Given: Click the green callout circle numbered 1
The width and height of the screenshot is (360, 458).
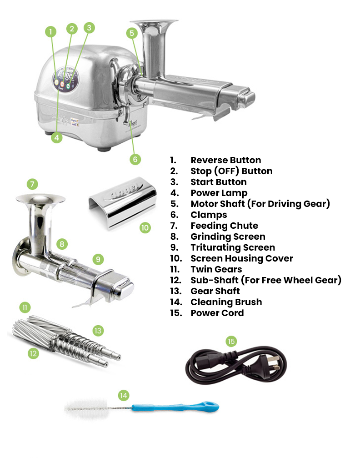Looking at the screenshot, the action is (x=50, y=31).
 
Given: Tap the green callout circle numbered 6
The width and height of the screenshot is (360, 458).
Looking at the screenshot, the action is (x=135, y=160).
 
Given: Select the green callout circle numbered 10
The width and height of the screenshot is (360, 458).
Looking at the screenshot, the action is (x=145, y=227).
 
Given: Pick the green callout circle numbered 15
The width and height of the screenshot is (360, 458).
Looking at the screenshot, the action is (x=231, y=341).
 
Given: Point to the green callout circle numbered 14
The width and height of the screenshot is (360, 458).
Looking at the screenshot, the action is (x=124, y=396).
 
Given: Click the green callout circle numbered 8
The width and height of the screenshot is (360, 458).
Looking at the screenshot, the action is (x=62, y=244).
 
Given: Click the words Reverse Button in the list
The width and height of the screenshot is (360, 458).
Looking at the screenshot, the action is (x=226, y=160).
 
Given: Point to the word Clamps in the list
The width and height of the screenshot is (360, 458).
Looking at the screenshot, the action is (x=209, y=215).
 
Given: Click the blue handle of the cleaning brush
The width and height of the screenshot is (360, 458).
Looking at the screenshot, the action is (x=175, y=407).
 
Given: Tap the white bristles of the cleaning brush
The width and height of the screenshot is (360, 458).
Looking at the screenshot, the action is (x=86, y=408).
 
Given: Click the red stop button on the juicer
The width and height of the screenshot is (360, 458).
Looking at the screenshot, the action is (x=62, y=84).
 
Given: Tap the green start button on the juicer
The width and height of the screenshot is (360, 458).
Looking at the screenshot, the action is (x=68, y=86).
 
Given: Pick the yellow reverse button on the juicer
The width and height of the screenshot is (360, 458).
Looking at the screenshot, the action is (x=56, y=82).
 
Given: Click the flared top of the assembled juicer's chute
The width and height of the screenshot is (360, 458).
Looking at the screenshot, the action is (x=154, y=23).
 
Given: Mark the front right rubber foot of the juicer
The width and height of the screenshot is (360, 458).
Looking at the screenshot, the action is (x=104, y=149).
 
